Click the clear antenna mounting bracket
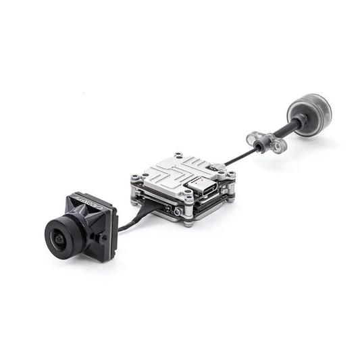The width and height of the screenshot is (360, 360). click(x=265, y=141)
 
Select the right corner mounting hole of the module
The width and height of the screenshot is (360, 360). click(x=231, y=175)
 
